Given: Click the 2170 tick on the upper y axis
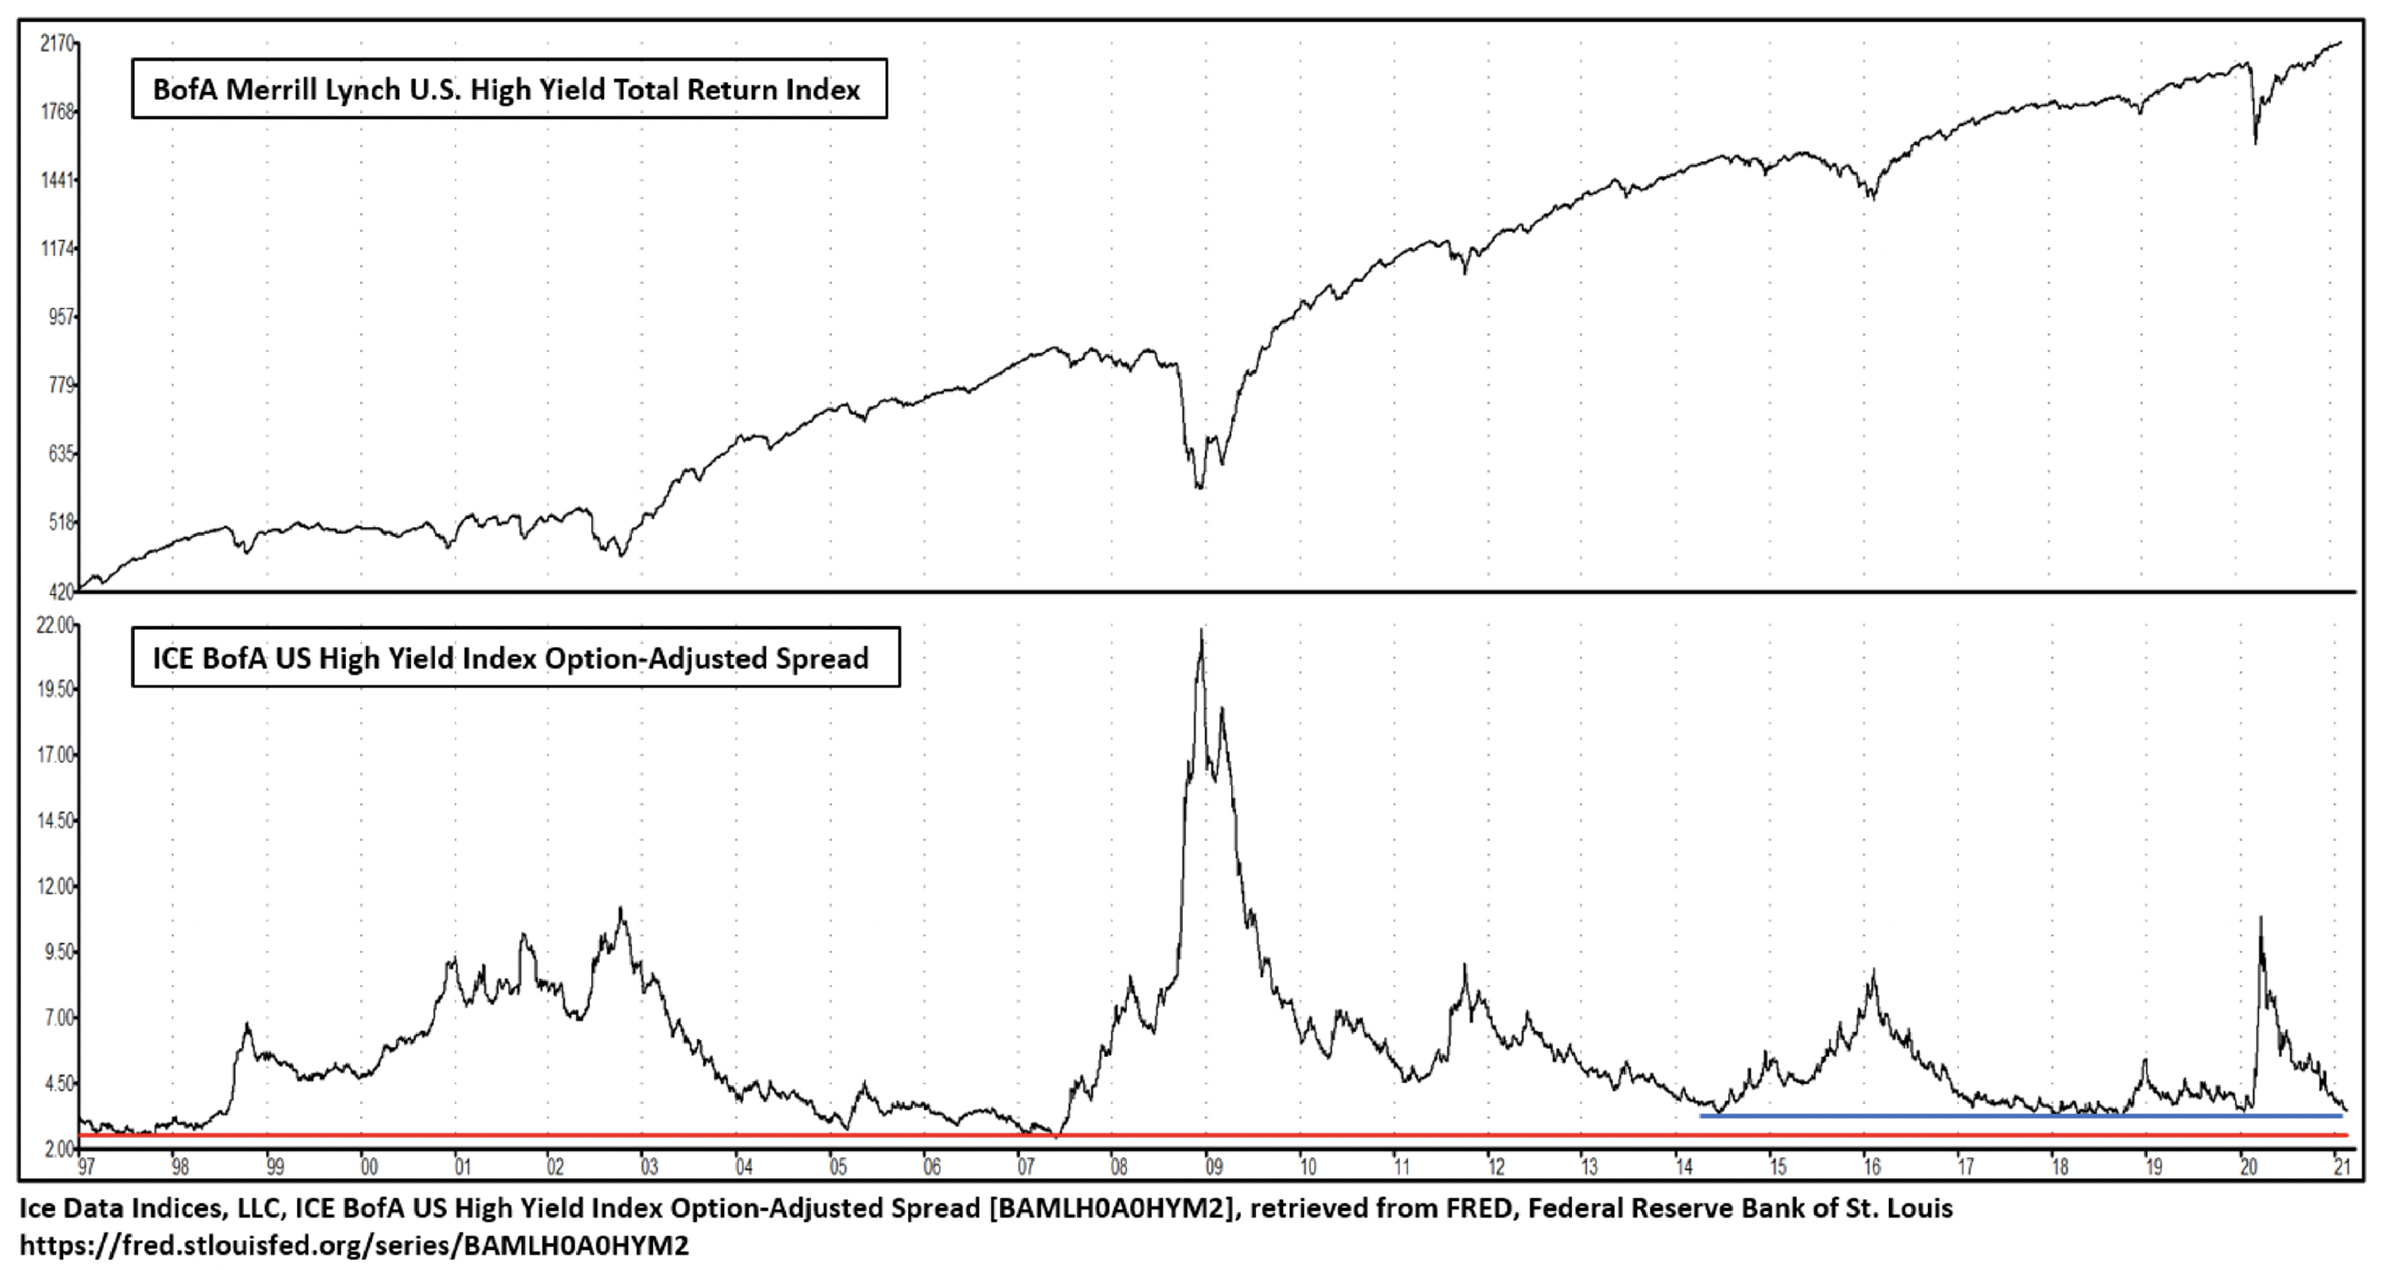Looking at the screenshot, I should [x=56, y=43].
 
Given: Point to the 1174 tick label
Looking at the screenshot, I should [x=56, y=248].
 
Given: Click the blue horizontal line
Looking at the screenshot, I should [x=2019, y=1115].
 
